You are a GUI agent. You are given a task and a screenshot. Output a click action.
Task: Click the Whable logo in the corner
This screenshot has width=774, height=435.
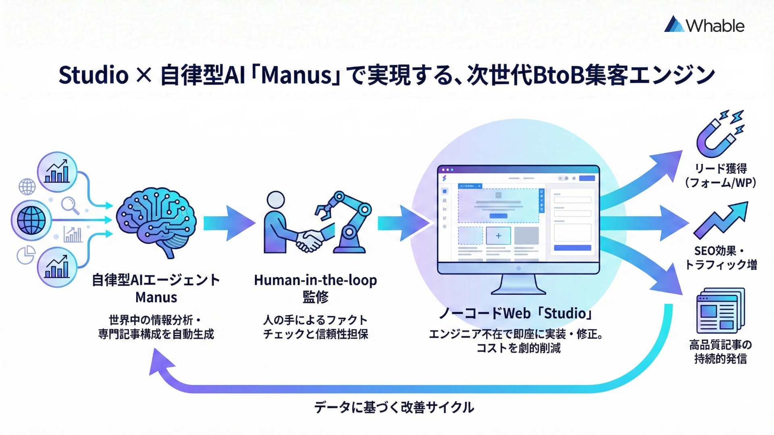[x=704, y=25]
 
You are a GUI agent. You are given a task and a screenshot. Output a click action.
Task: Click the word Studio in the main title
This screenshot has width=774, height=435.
[x=94, y=75]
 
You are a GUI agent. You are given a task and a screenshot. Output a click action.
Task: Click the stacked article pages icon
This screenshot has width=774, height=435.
[x=720, y=310]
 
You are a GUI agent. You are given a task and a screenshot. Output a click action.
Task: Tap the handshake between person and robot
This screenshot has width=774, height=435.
[x=309, y=240]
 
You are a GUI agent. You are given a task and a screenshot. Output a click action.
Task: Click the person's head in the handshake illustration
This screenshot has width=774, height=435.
[x=276, y=200]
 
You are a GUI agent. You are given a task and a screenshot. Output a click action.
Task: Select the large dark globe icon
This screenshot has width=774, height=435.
[x=31, y=220]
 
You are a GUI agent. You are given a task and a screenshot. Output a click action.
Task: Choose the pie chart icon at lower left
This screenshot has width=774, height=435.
[x=26, y=255]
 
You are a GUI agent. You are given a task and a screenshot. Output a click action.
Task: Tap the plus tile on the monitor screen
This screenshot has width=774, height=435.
[x=498, y=236]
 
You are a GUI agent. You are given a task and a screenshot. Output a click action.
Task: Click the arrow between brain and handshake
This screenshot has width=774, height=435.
[x=228, y=223]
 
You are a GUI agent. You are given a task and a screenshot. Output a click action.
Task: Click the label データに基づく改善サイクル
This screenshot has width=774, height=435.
[x=394, y=407]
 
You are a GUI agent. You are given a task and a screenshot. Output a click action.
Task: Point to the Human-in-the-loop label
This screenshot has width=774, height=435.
[x=315, y=280]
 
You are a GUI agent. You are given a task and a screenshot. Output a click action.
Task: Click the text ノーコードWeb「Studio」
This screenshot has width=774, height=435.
[x=516, y=313]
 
